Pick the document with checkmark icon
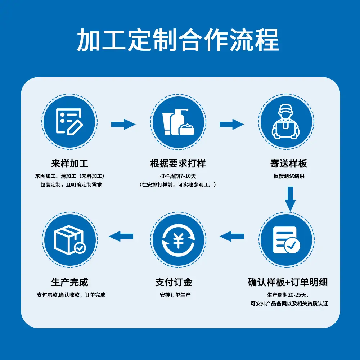click(x=287, y=240)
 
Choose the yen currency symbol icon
click(x=178, y=240)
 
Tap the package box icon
click(x=69, y=240)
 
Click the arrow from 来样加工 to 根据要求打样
click(x=123, y=125)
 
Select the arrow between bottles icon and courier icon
click(x=232, y=125)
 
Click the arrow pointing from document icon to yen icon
click(x=232, y=237)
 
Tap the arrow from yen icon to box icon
click(x=121, y=237)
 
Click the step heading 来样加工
click(x=69, y=163)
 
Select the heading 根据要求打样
click(x=178, y=163)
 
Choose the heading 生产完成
click(x=69, y=282)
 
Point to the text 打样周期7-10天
click(x=178, y=176)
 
